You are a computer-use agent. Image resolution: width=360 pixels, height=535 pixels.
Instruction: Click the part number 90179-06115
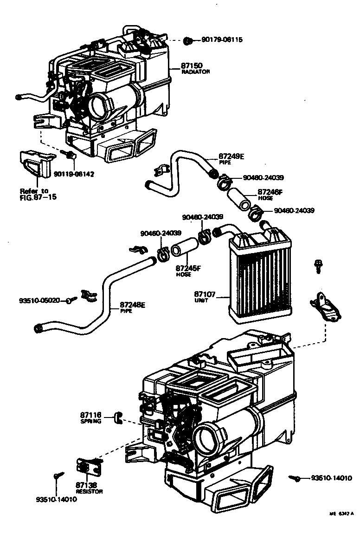[x=222, y=40]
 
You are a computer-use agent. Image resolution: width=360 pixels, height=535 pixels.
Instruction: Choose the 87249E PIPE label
[x=231, y=159]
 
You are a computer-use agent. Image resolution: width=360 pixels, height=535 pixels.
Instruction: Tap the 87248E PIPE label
[x=133, y=307]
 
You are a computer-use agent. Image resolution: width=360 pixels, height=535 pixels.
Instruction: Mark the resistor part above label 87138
[x=88, y=466]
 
